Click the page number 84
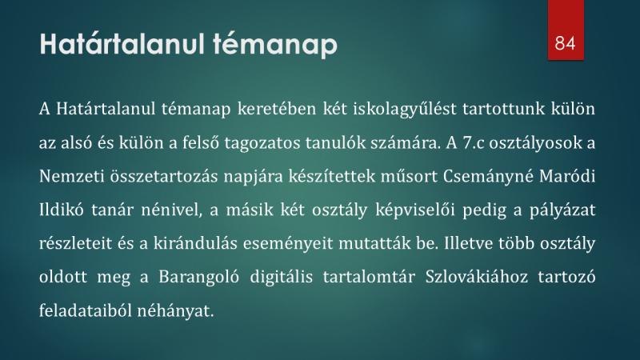(x=566, y=43)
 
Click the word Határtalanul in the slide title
(x=122, y=44)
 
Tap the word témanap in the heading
(x=275, y=45)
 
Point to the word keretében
(x=277, y=109)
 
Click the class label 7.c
(x=472, y=143)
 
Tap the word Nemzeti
(x=71, y=176)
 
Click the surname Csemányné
(x=488, y=177)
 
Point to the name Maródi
(x=567, y=176)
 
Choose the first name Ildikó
(x=62, y=210)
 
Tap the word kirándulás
(x=195, y=243)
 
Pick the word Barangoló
(x=198, y=277)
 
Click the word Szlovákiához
(x=477, y=277)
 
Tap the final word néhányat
(x=174, y=310)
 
